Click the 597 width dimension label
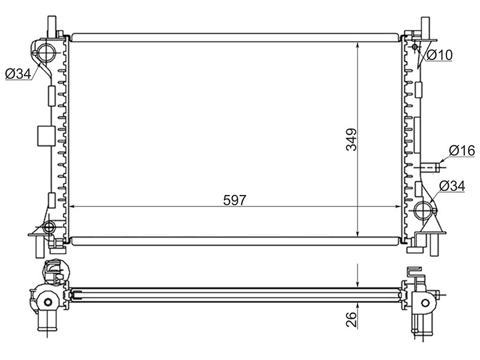point(235,200)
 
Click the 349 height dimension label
point(352,140)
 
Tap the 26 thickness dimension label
point(352,319)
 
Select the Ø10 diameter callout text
point(439,55)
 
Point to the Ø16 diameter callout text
point(462,151)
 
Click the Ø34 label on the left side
point(19,73)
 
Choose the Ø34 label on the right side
point(452,186)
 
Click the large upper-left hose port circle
point(47,51)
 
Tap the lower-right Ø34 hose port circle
point(425,211)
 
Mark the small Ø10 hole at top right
point(415,47)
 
